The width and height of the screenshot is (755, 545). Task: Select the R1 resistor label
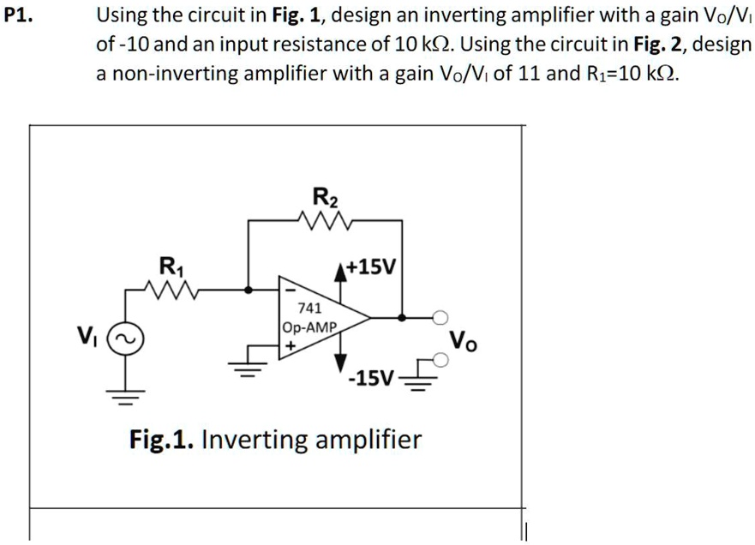171,266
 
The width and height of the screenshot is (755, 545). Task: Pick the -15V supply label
371,379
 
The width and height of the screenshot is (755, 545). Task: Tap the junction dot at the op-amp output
401,318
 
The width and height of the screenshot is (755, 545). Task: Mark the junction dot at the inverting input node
248,290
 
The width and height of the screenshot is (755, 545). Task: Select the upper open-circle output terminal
440,318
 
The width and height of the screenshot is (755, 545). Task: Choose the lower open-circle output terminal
440,362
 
